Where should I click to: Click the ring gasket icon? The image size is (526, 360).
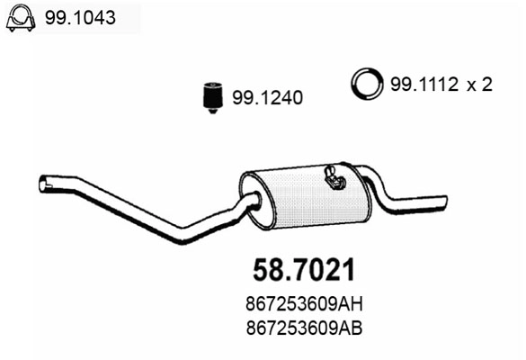pyautogui.click(x=366, y=85)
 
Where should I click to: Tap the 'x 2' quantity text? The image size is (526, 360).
pyautogui.click(x=480, y=85)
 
